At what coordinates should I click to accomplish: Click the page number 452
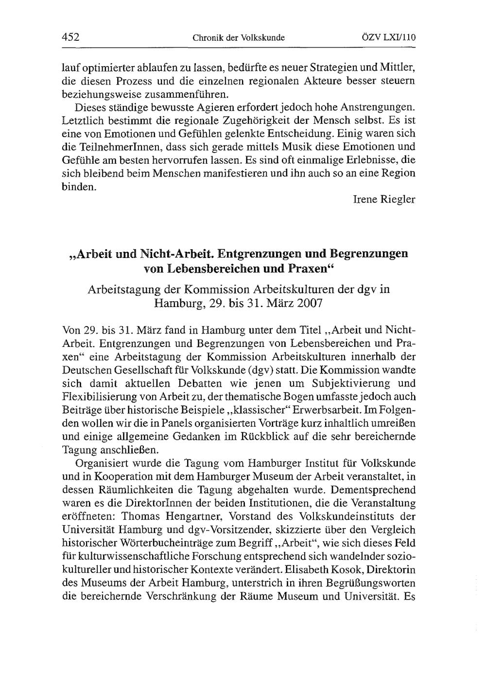pos(71,37)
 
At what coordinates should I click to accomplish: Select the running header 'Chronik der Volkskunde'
pos(238,37)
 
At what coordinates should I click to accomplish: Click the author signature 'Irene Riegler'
pos(384,200)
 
